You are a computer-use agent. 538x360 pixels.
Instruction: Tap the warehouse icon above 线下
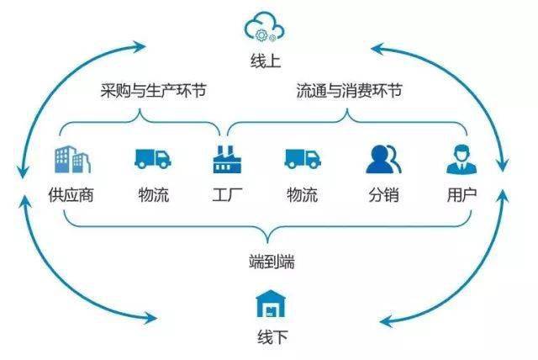point(267,304)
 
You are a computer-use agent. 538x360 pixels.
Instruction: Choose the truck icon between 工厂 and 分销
point(302,158)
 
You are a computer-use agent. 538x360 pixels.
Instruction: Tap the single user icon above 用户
point(462,158)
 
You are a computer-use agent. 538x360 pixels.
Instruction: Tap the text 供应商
point(71,196)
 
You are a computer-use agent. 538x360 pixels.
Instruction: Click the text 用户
point(462,196)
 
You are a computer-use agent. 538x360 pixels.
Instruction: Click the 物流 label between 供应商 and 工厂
point(153,196)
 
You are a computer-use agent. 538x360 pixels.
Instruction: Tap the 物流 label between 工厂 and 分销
point(302,196)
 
